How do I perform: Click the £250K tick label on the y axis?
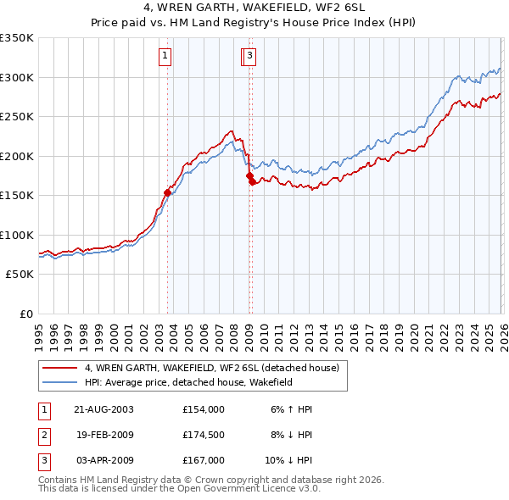[17, 116]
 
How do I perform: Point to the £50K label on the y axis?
[20, 275]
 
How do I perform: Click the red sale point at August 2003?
[167, 192]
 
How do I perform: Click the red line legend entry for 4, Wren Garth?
[211, 368]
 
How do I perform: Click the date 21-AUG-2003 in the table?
[103, 409]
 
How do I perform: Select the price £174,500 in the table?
[203, 435]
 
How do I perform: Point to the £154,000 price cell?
[203, 409]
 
